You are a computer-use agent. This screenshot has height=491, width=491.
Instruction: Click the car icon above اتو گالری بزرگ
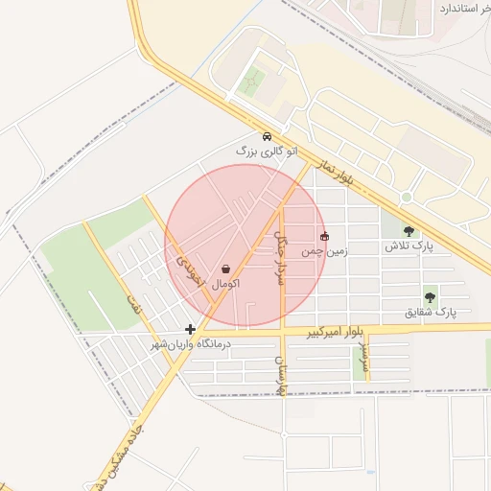267,136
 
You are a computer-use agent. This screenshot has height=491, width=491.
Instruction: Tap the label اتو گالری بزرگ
267,152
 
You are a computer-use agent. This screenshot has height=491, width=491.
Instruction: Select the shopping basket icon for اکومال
225,269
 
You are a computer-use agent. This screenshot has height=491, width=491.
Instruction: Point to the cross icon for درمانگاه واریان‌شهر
191,329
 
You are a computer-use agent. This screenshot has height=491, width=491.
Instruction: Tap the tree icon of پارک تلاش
410,231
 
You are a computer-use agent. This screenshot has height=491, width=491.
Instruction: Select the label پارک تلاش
409,246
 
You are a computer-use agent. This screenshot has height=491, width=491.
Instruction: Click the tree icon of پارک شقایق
430,297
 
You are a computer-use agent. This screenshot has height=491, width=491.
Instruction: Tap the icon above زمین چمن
323,236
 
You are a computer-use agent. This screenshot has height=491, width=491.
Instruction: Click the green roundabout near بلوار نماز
407,198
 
